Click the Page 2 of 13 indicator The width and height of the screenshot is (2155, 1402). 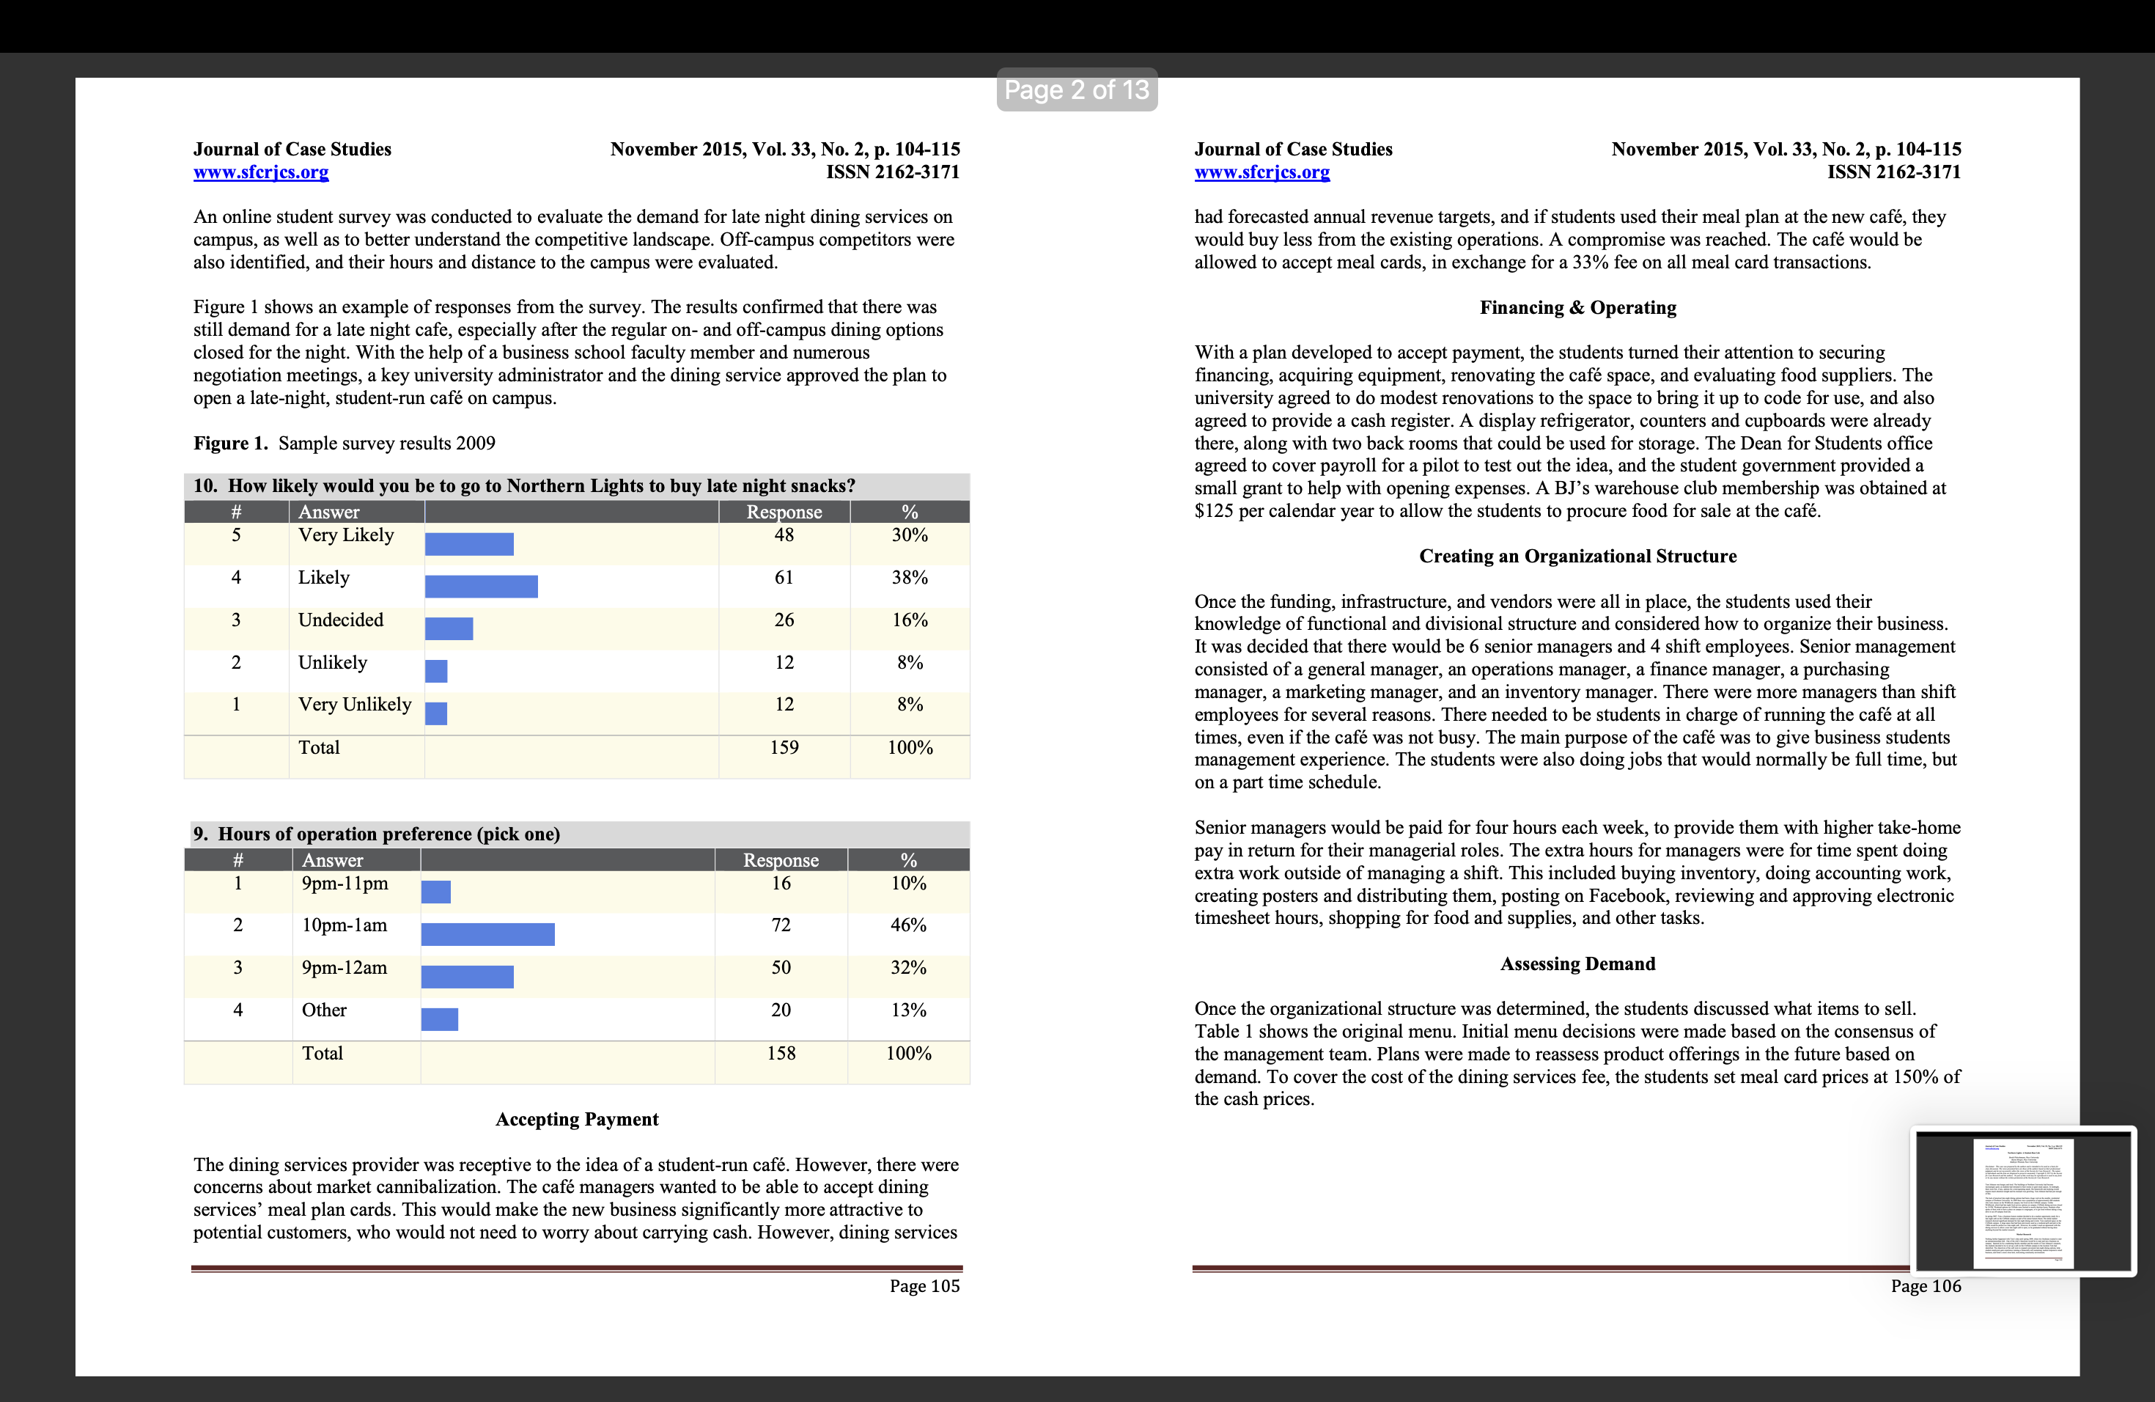[x=1077, y=89]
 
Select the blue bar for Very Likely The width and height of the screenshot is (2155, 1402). [x=469, y=544]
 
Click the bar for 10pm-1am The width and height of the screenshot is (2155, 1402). [x=488, y=935]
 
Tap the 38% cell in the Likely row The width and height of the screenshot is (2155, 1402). [x=909, y=578]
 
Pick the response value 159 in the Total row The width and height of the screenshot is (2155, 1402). [x=784, y=748]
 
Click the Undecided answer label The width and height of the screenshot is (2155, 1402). [x=340, y=620]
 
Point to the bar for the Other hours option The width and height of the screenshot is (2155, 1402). [x=440, y=1020]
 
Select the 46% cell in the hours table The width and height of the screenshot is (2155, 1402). [x=908, y=925]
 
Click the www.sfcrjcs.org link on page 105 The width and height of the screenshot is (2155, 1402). [x=261, y=172]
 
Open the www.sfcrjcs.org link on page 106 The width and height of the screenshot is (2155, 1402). [x=1262, y=172]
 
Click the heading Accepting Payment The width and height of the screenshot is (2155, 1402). [x=577, y=1120]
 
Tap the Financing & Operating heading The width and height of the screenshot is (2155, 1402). [x=1577, y=308]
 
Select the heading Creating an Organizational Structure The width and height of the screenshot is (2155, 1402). [x=1577, y=556]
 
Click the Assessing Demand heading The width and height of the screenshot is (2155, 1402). [x=1577, y=964]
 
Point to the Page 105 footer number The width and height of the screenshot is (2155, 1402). [x=924, y=1286]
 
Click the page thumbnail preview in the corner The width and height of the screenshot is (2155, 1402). [x=2023, y=1202]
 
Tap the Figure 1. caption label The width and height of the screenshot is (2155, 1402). [x=231, y=444]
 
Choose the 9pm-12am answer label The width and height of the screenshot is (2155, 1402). [x=344, y=968]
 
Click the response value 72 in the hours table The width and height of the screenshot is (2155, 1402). [x=781, y=925]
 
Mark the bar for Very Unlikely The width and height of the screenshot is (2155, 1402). [x=436, y=713]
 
